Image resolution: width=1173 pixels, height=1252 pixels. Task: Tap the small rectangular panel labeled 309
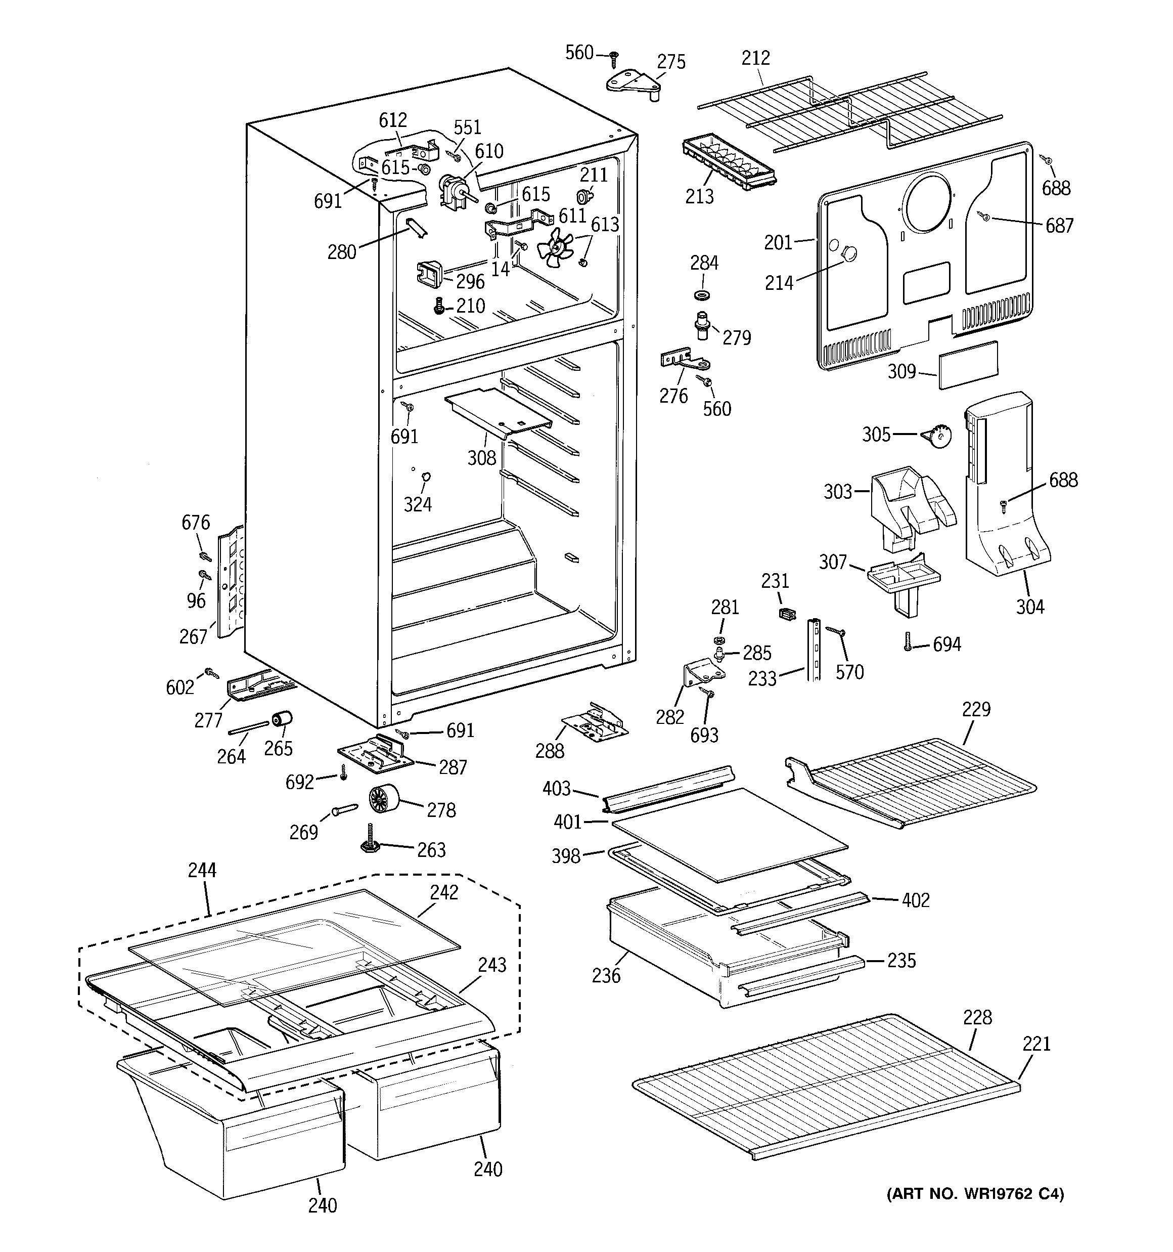968,365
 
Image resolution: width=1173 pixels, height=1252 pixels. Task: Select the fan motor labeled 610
451,190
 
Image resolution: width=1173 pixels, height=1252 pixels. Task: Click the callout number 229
976,709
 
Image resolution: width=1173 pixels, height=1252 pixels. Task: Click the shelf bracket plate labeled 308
498,412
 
